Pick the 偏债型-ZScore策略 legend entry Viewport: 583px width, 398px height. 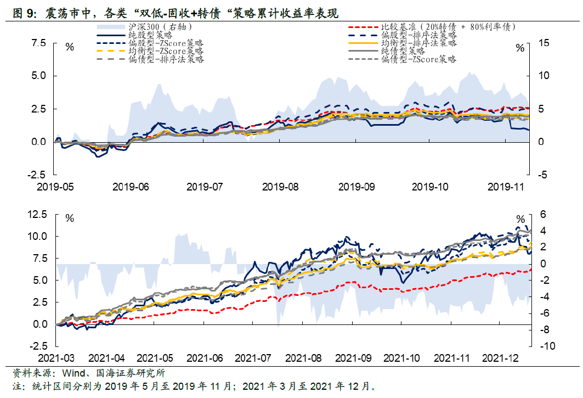click(419, 59)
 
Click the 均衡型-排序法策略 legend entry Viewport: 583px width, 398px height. click(419, 43)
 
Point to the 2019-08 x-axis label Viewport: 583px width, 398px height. click(280, 187)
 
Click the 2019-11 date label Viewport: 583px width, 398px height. click(507, 187)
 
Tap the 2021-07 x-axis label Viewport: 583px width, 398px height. click(253, 358)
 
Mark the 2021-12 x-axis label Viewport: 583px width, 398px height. click(501, 358)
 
